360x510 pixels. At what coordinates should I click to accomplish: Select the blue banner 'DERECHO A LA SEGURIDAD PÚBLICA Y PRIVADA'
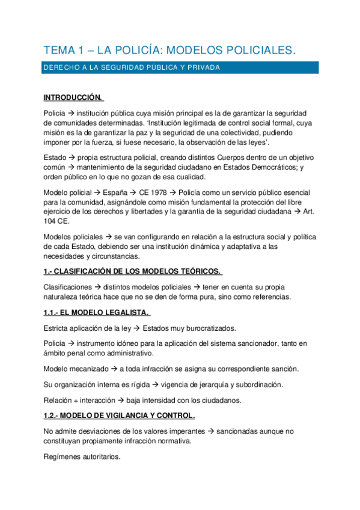click(132, 68)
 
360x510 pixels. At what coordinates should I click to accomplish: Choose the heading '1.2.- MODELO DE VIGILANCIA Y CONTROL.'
click(120, 416)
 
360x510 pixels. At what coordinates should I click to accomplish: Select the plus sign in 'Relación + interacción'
click(75, 399)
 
